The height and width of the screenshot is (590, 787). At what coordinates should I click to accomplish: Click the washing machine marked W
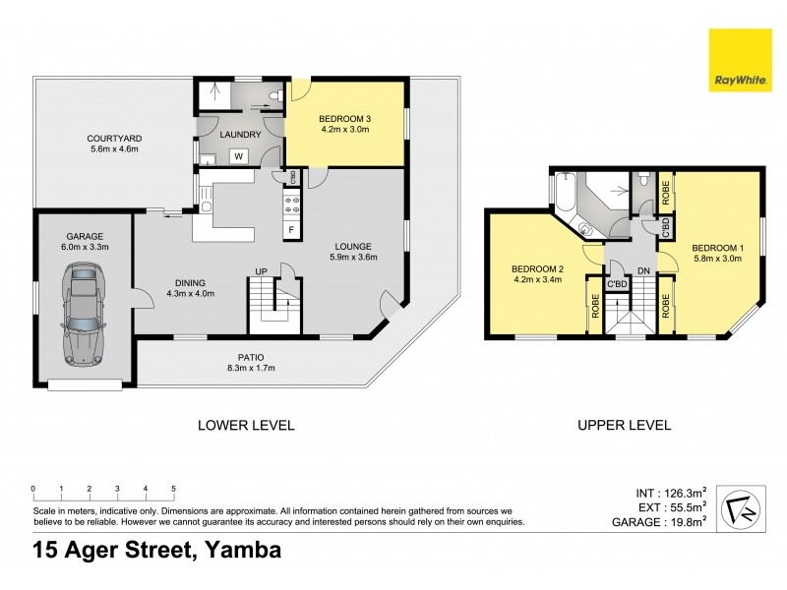238,155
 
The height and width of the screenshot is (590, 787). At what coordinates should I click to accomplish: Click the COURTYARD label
110,139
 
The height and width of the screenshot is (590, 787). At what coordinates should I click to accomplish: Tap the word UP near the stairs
262,270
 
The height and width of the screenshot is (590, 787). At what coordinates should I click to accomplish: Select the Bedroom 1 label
717,247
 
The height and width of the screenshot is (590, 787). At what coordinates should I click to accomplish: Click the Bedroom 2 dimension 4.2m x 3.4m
535,280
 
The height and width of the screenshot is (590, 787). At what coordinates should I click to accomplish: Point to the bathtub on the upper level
565,194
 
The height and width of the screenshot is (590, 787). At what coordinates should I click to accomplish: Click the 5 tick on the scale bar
174,489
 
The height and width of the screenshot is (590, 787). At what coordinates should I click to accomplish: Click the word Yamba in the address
241,550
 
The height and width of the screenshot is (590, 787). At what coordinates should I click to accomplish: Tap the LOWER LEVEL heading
246,425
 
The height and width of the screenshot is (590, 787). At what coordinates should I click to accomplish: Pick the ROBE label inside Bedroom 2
594,306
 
